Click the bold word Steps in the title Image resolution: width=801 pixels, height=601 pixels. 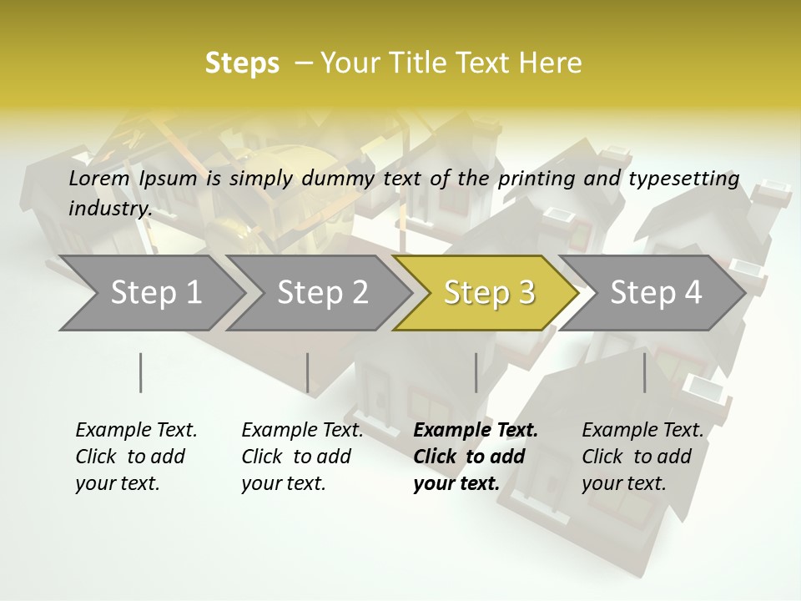point(242,63)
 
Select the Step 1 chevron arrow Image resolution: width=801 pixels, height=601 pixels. point(155,292)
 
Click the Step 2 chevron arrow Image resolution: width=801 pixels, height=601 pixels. point(322,292)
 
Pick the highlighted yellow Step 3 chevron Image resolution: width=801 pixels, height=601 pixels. point(488,292)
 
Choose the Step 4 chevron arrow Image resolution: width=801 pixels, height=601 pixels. point(655,292)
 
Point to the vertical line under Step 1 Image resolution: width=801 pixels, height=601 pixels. point(141,372)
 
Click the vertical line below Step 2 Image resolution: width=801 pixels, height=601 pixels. point(308,372)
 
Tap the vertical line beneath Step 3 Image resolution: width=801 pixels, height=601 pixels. point(476,372)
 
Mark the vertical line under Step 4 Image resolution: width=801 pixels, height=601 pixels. point(644,372)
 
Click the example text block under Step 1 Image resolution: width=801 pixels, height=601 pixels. point(136,457)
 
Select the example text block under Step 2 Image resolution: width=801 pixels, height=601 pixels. point(302,457)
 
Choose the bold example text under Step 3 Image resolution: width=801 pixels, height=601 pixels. point(476,457)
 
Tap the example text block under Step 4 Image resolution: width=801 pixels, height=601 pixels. point(642,457)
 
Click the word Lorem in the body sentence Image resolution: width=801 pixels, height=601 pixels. point(98,179)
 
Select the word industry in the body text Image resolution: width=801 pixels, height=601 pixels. point(110,209)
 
